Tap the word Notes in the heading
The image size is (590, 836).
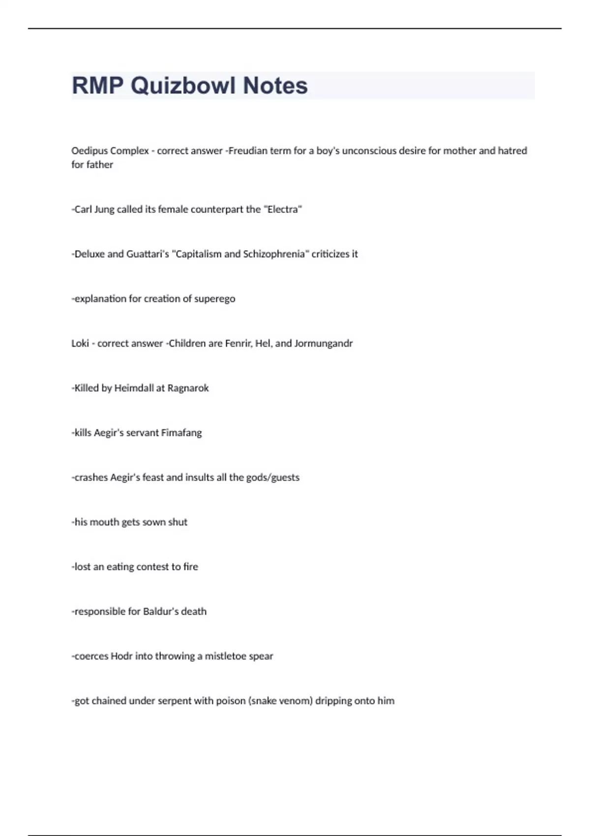(275, 86)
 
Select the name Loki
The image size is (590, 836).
(80, 344)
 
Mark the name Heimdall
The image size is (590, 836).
(134, 388)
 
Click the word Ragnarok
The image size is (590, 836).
(188, 388)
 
